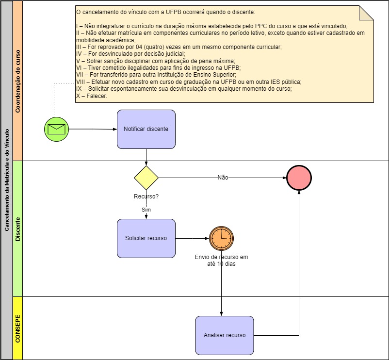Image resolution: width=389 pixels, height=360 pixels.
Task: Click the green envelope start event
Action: [56, 129]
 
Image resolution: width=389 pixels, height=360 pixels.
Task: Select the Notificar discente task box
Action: [146, 129]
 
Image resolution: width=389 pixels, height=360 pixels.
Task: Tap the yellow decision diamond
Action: [146, 178]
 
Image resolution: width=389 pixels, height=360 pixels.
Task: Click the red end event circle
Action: [299, 178]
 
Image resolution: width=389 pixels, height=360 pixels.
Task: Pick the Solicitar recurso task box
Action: [146, 238]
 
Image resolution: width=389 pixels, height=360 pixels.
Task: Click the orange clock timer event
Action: [222, 238]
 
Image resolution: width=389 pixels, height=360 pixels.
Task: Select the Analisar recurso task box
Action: [225, 335]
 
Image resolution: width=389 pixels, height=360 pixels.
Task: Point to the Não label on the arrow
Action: [223, 178]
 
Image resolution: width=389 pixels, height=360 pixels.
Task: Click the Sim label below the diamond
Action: [146, 210]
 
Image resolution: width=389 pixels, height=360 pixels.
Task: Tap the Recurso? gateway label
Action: [146, 197]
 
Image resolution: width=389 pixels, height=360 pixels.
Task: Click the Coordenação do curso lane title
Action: [17, 81]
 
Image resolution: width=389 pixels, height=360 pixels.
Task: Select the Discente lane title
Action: [17, 229]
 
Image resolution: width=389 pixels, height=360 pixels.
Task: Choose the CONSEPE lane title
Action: [17, 328]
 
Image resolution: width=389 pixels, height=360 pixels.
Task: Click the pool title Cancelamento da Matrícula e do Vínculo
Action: [7, 180]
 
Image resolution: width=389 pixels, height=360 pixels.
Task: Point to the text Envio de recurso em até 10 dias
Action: [221, 261]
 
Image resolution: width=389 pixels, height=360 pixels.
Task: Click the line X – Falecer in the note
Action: [92, 96]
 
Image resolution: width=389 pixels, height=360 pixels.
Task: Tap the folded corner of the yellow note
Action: [367, 13]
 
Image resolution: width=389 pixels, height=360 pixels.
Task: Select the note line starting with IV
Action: [130, 54]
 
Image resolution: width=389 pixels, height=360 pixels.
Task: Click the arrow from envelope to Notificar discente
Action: [92, 129]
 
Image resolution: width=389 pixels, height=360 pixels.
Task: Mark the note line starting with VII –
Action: [156, 75]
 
